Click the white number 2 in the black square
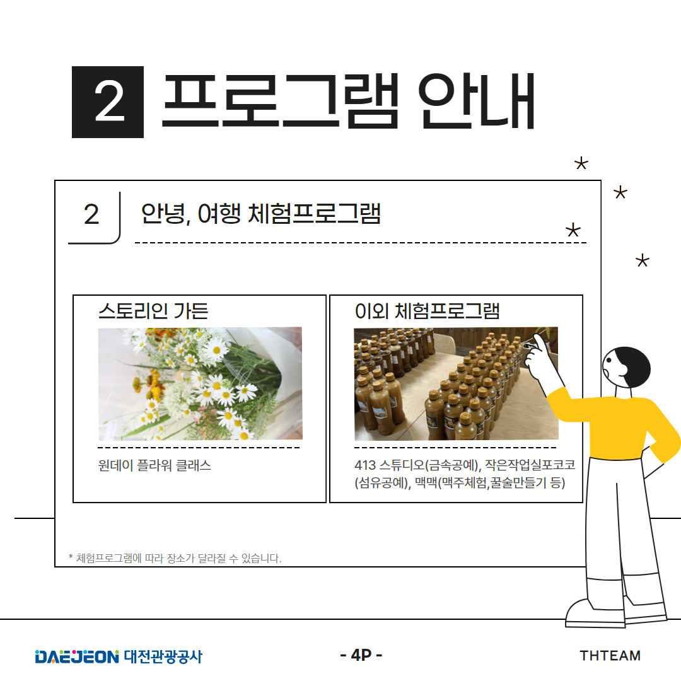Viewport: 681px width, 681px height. point(109,102)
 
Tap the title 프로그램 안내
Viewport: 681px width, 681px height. point(348,101)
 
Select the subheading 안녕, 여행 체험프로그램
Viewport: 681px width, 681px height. point(260,213)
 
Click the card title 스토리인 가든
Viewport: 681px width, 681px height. point(153,310)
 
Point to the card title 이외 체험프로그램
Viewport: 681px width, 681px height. point(427,310)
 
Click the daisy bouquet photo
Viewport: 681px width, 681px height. point(201,383)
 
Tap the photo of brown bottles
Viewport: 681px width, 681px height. point(456,383)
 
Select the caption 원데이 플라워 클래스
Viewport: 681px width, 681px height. point(154,465)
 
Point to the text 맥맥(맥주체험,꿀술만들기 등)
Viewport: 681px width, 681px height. point(491,482)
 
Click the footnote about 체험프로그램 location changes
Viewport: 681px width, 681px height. point(175,558)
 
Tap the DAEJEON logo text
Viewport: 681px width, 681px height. point(77,656)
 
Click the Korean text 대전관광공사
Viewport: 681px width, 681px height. point(163,656)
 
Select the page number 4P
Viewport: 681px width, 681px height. point(361,655)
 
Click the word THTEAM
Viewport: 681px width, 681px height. point(610,655)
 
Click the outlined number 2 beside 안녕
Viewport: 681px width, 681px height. point(91,214)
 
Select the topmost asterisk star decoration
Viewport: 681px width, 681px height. point(581,164)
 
